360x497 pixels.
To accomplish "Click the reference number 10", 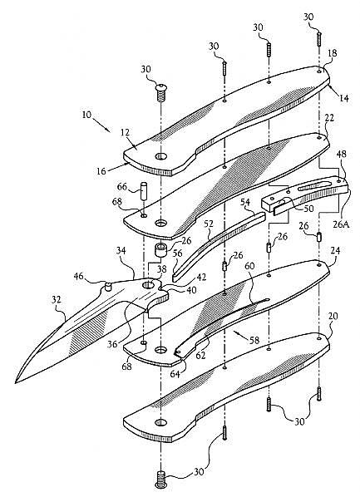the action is [86, 114].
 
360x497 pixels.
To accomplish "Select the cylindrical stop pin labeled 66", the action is [144, 191].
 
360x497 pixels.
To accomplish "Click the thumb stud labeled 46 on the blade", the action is [108, 287].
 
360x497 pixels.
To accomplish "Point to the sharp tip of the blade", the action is [16, 382].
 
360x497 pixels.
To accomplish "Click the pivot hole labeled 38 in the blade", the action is [148, 284].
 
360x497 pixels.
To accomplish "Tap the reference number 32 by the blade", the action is [57, 299].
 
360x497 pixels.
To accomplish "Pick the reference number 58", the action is [254, 340].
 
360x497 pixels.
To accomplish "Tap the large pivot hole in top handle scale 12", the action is [161, 155].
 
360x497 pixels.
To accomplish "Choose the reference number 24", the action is [335, 251].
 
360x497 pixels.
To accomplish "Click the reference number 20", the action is [333, 316].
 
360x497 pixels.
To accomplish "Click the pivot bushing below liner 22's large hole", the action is [160, 250].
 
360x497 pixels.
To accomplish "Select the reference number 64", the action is [175, 374].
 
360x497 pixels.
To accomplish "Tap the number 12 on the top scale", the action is [126, 132].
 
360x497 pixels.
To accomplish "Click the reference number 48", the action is [341, 155].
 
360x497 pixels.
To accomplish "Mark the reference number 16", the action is [101, 172].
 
